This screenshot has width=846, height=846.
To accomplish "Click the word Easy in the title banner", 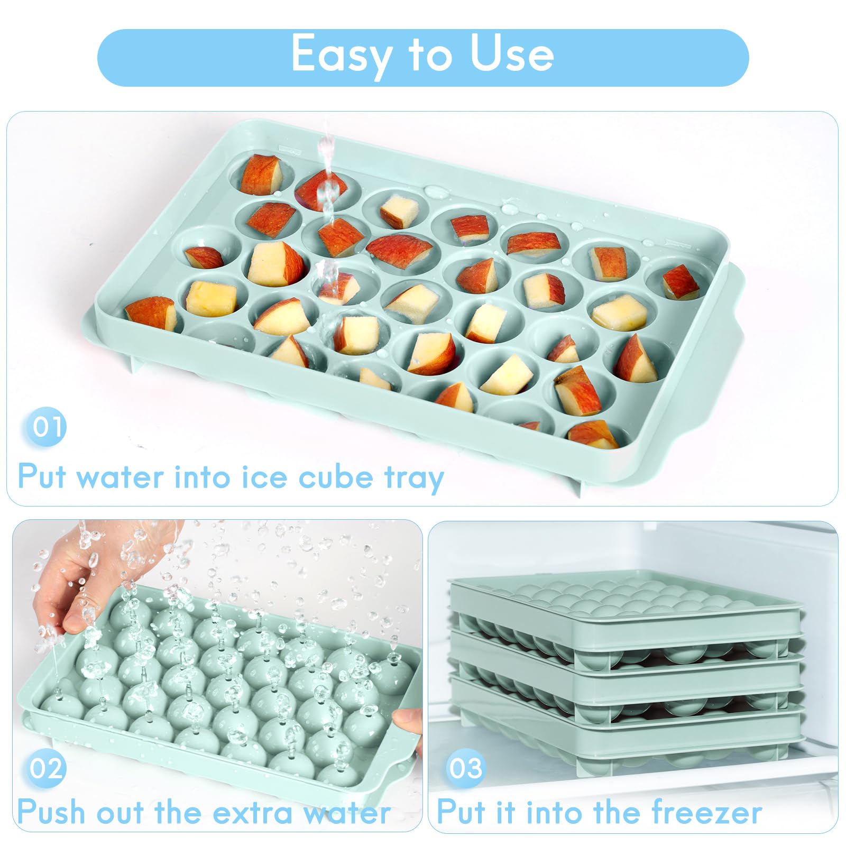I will tap(341, 54).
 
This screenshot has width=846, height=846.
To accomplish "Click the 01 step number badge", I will tap(47, 427).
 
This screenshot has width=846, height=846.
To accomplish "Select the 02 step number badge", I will tap(47, 768).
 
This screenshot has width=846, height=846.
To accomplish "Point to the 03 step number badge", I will tap(465, 768).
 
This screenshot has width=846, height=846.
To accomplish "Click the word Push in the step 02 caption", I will tap(50, 813).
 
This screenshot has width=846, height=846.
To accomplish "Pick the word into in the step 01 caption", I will tap(201, 477).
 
